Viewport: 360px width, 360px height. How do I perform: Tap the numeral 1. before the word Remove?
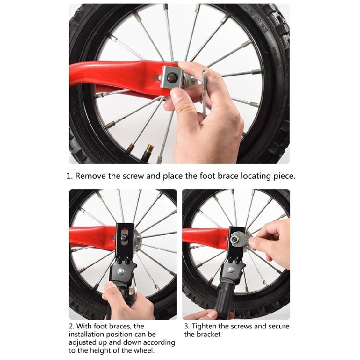[x=70, y=176]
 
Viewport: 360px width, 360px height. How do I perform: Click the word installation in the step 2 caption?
[x=89, y=335]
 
